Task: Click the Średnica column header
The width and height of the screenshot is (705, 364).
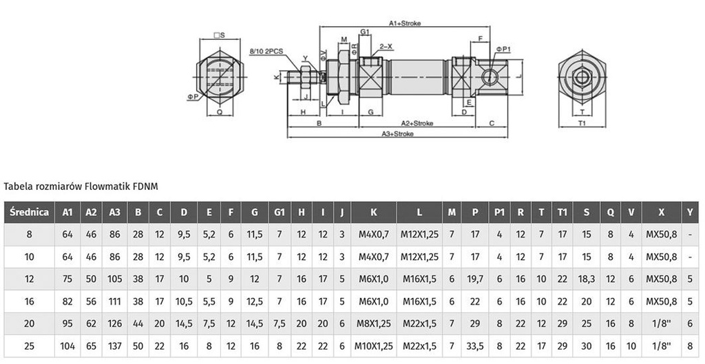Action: click(29, 212)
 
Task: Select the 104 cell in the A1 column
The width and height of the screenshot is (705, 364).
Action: click(67, 345)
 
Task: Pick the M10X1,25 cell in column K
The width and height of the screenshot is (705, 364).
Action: click(372, 345)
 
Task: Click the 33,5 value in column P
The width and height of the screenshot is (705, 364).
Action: click(475, 345)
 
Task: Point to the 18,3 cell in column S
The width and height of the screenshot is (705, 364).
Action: click(587, 279)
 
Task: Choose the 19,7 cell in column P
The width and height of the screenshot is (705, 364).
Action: click(475, 279)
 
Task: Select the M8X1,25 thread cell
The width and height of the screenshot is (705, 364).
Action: click(372, 323)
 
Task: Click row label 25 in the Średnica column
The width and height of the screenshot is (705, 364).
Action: click(29, 345)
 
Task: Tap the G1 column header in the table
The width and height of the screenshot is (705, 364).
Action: click(279, 212)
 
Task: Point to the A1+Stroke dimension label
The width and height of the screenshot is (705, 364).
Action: click(406, 23)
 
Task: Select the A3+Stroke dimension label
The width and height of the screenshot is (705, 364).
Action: click(397, 134)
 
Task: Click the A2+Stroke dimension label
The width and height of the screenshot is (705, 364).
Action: click(417, 123)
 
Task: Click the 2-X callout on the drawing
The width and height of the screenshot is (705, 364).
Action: click(386, 46)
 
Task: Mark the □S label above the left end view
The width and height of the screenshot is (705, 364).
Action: click(219, 34)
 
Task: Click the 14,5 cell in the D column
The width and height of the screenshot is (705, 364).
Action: click(183, 323)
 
